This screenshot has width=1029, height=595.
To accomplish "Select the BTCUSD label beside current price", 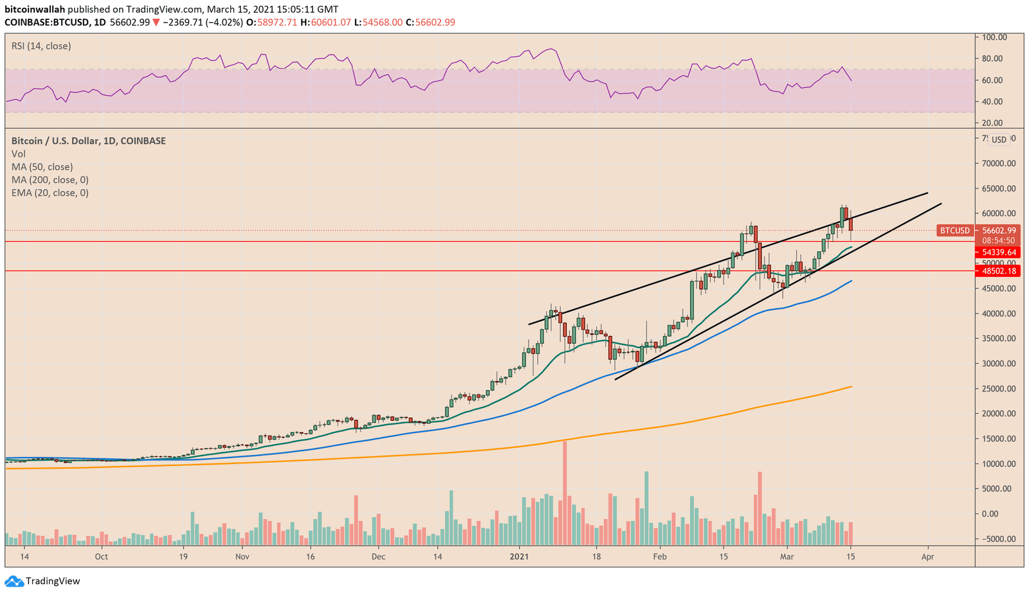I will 954,231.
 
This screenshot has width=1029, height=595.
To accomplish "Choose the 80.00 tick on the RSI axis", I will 992,58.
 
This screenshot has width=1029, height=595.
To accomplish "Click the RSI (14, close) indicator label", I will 41,46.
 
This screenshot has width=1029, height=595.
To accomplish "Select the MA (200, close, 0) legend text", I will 50,180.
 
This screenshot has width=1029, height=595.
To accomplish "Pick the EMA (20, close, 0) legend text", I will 50,193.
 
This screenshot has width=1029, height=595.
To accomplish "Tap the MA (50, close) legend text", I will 42,167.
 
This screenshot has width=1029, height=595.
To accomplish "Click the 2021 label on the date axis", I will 519,556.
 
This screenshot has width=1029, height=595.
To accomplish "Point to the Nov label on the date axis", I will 242,556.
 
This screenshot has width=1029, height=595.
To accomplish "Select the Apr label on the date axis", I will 927,556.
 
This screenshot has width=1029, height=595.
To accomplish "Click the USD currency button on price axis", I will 999,139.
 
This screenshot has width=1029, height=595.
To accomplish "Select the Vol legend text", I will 19,154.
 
